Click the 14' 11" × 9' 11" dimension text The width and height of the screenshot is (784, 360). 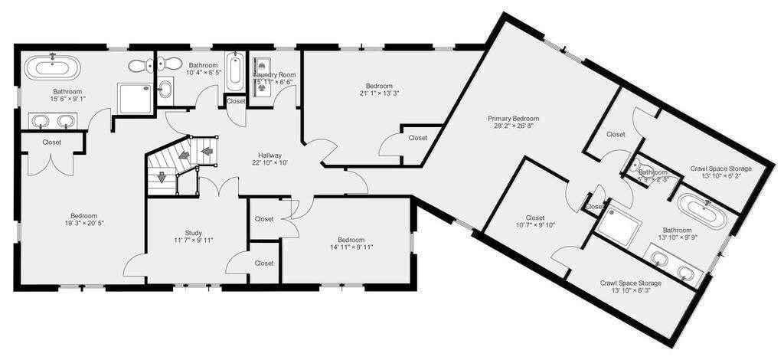[x=347, y=247]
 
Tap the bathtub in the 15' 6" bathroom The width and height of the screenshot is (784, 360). [x=52, y=67]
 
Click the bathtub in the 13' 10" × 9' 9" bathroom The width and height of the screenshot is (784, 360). [x=702, y=213]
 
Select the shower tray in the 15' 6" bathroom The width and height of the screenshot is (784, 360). [x=135, y=98]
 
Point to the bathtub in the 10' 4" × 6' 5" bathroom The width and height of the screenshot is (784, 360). [x=236, y=70]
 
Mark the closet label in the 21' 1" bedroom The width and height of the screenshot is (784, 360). [x=417, y=138]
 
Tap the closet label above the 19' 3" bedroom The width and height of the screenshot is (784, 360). [x=52, y=142]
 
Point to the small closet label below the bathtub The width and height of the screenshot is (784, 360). [x=236, y=101]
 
